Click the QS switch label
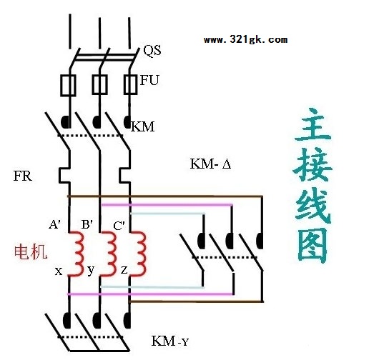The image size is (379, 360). [152, 51]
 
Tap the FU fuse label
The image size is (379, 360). [149, 80]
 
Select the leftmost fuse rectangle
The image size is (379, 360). [68, 85]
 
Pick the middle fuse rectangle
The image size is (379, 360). [99, 84]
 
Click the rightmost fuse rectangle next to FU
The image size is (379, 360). [130, 84]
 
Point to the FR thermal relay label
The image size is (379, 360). [22, 176]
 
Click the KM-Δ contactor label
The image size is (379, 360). [210, 164]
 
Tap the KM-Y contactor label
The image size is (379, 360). [169, 341]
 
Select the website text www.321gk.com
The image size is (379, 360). [245, 39]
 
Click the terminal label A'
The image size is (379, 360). [54, 225]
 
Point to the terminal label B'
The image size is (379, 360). [87, 224]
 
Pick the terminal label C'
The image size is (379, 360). [119, 226]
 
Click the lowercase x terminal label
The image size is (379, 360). [59, 271]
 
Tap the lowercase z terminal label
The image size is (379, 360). [124, 270]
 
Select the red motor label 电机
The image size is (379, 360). [31, 252]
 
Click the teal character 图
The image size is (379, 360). [312, 245]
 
